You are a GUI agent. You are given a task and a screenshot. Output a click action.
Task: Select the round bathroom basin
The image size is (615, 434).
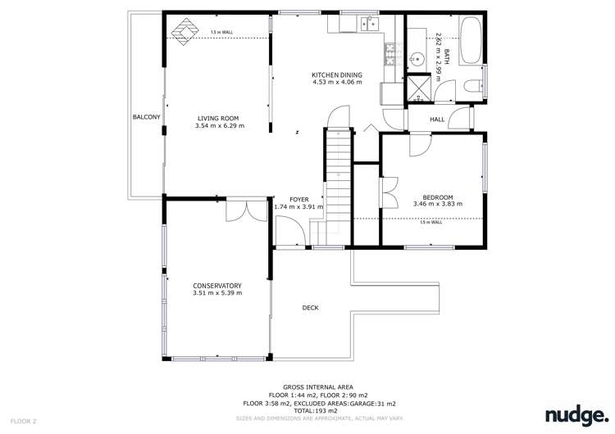[x=417, y=58]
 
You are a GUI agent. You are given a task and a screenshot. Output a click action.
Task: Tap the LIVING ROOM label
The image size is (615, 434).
[x=218, y=118]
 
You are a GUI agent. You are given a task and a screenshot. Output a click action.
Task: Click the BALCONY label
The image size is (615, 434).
[x=146, y=118]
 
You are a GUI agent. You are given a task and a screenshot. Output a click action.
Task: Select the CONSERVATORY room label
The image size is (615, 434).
[x=217, y=286]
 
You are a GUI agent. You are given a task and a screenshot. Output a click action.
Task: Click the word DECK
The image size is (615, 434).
[x=310, y=308]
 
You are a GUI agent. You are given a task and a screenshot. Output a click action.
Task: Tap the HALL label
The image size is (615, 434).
[x=437, y=120]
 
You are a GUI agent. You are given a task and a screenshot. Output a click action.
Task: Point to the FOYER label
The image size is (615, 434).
[x=298, y=199]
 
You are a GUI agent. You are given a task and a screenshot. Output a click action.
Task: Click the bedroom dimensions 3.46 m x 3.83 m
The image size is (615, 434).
[x=437, y=204]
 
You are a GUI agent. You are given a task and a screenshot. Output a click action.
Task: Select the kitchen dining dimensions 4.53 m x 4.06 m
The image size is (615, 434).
[x=336, y=82]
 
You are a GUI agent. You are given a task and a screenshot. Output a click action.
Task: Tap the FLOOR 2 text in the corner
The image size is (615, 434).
[x=24, y=421]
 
